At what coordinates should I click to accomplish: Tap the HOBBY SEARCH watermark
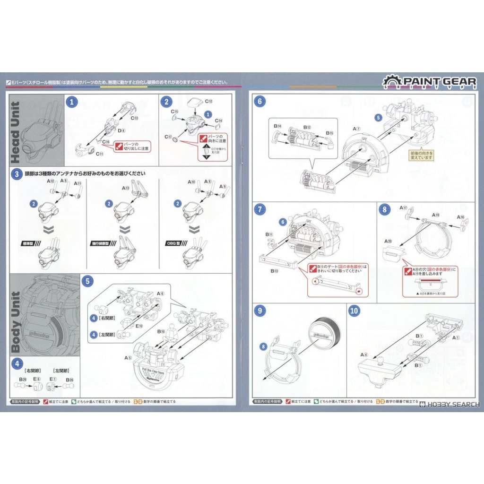pyautogui.click(x=449, y=405)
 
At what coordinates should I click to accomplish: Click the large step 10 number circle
pyautogui.click(x=354, y=311)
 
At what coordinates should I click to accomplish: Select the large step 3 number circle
pyautogui.click(x=17, y=174)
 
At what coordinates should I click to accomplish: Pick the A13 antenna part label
pyautogui.click(x=125, y=188)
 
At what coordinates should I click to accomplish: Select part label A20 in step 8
pyautogui.click(x=389, y=241)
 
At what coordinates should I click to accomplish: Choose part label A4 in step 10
pyautogui.click(x=363, y=354)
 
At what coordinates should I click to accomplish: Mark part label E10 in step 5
pyautogui.click(x=139, y=326)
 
